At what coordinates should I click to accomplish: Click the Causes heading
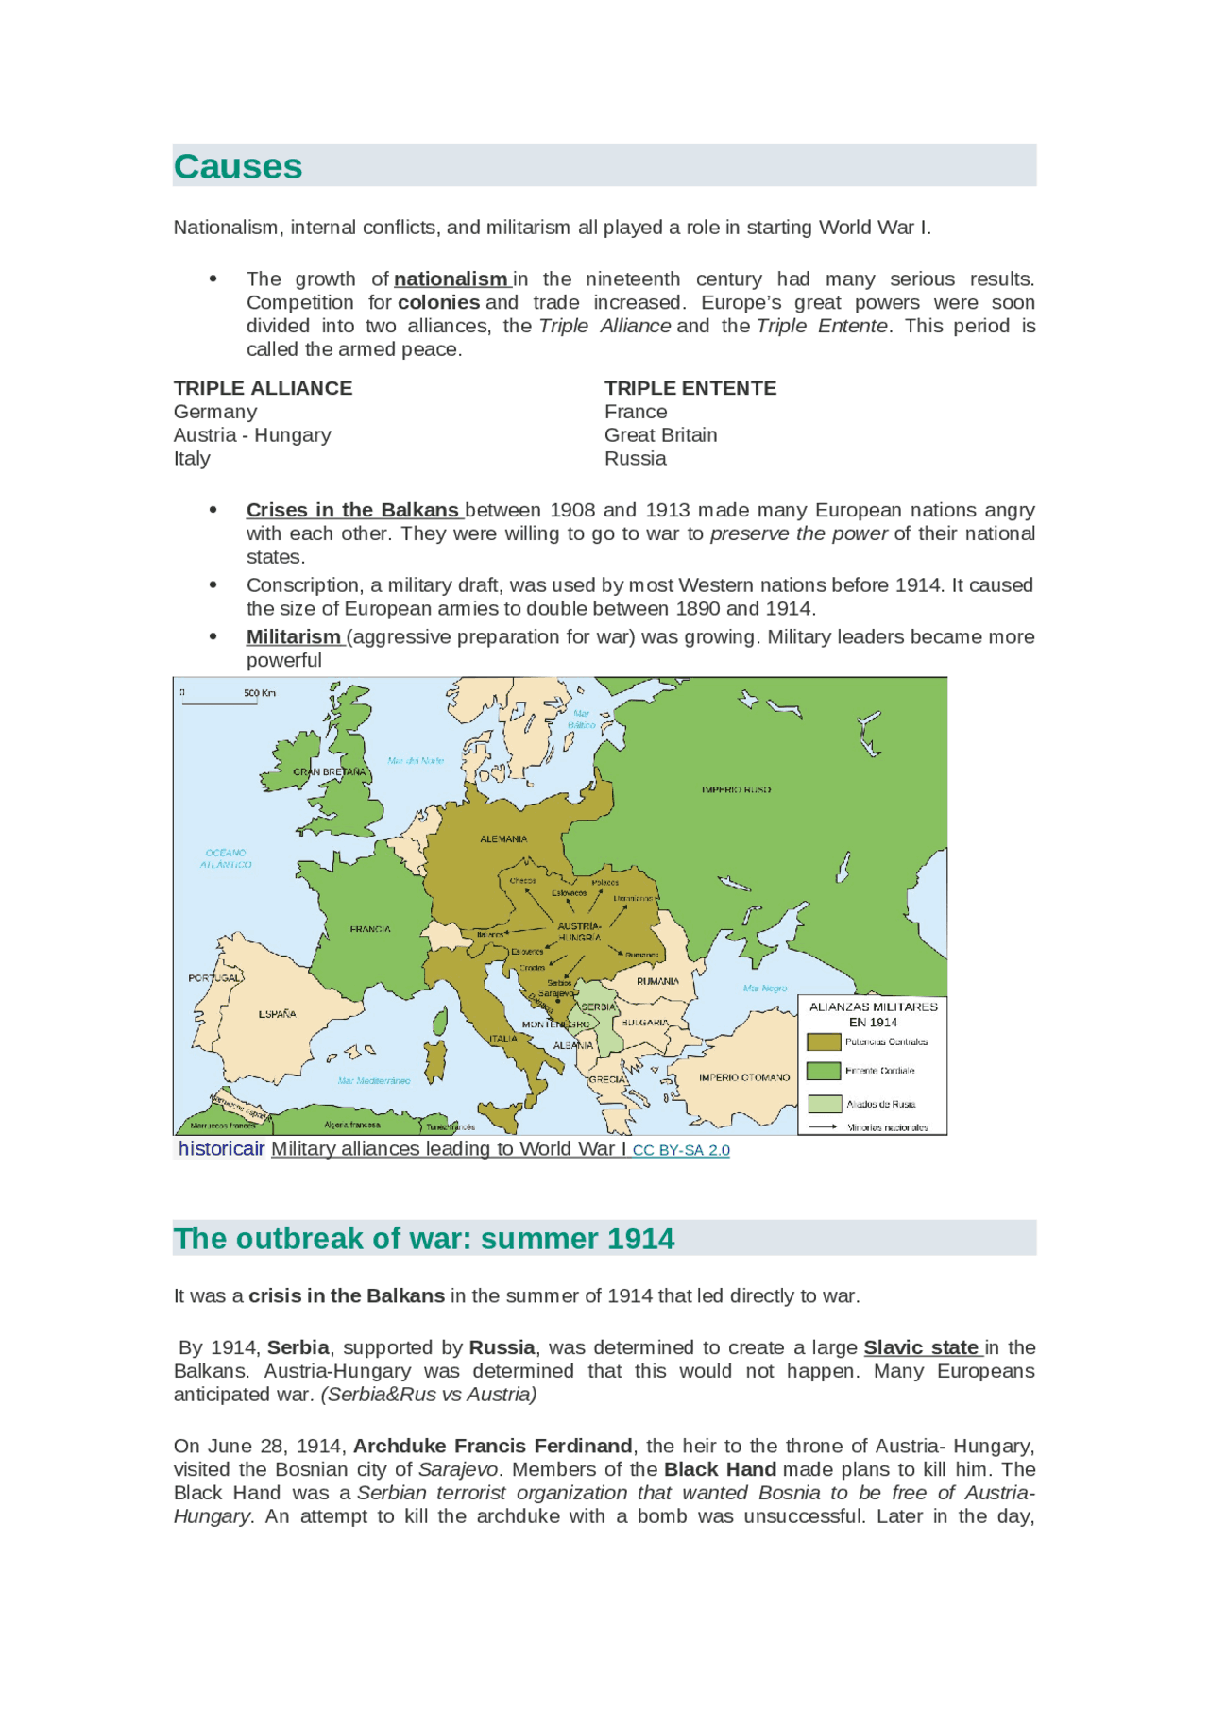238,167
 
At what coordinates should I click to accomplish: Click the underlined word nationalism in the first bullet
451,279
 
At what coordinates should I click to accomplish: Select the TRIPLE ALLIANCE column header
263,388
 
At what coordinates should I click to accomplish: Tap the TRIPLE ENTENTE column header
690,388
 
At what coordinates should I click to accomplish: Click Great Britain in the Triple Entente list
660,435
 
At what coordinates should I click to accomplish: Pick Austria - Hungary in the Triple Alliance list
252,435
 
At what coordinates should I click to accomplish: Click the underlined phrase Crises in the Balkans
352,510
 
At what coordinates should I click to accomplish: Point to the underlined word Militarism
294,637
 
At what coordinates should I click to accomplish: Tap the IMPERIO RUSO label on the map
736,789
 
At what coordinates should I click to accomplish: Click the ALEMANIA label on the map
503,838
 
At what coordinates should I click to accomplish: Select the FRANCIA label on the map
370,929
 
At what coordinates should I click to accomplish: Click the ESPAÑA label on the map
278,1014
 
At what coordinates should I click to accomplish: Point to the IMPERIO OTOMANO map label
744,1077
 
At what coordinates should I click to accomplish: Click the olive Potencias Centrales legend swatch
824,1041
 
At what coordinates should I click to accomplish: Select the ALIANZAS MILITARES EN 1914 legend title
873,1014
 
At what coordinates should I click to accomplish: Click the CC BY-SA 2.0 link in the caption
681,1150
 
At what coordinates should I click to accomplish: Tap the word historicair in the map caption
222,1149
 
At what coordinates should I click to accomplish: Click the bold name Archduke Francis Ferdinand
492,1447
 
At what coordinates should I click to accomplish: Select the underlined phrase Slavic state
921,1347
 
